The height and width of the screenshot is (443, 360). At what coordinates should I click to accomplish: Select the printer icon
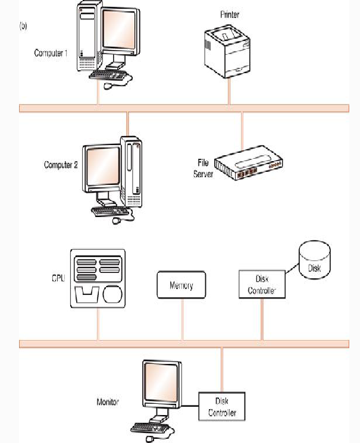[227, 53]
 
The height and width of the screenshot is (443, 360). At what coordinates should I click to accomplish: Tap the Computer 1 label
[51, 53]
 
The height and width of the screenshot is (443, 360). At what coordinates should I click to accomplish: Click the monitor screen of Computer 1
[120, 32]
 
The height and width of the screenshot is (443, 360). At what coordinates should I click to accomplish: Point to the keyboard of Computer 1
[111, 76]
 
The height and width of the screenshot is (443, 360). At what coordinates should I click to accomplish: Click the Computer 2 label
[61, 165]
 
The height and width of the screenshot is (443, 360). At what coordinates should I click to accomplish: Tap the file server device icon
[248, 167]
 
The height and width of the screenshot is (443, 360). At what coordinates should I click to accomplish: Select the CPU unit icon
[98, 278]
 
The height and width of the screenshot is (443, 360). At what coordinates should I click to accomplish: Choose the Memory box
[181, 285]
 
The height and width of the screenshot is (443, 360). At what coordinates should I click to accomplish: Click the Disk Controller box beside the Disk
[262, 284]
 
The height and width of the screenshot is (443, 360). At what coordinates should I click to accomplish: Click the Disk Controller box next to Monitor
[221, 408]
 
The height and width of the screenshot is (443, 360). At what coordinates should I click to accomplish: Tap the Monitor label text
[108, 403]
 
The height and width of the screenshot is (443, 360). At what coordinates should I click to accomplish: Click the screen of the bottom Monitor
[159, 387]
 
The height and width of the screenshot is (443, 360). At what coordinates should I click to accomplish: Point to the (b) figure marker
[23, 26]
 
